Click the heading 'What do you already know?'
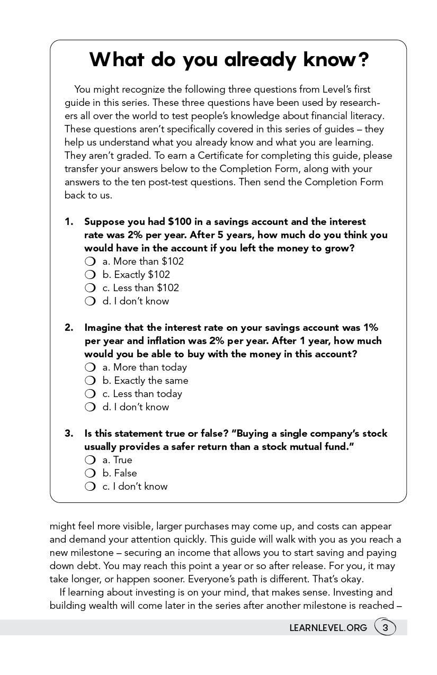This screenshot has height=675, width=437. (228, 59)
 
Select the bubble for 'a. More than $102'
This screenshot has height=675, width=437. (90, 262)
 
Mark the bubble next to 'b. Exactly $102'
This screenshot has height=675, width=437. (90, 275)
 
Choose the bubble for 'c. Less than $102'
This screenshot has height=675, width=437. (90, 288)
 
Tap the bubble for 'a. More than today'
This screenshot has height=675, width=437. (90, 367)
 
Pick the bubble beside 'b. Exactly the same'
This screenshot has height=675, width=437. (90, 381)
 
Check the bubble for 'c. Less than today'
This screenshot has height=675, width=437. (90, 394)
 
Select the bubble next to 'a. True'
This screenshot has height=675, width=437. (90, 460)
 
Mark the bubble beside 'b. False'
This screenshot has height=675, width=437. (90, 473)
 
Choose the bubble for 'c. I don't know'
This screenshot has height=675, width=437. (90, 487)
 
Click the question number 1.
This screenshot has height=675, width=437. (69, 222)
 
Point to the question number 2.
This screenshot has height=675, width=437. (69, 328)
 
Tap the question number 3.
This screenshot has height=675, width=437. (69, 434)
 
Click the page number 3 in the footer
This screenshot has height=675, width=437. (386, 628)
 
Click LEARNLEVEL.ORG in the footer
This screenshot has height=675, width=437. (328, 628)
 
